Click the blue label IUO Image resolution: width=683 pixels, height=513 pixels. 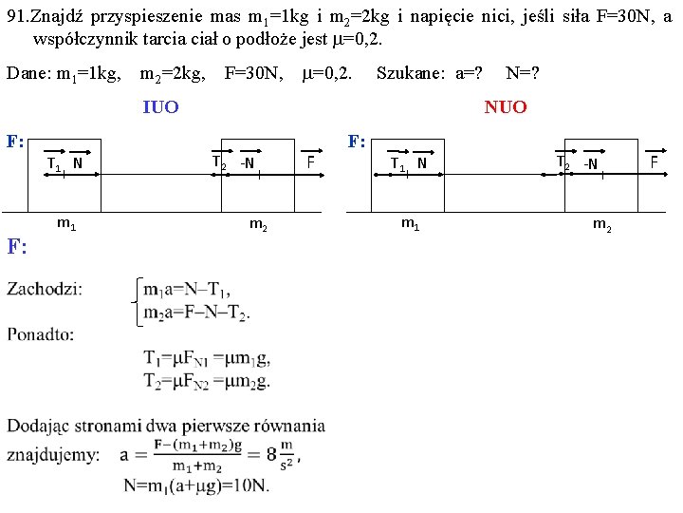click(159, 107)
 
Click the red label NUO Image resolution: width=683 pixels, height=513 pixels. click(505, 107)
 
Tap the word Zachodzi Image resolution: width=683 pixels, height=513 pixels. click(44, 289)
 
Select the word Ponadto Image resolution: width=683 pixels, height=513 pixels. click(40, 333)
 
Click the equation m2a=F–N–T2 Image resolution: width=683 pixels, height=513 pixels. click(197, 313)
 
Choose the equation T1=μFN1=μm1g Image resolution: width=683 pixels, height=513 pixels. click(207, 358)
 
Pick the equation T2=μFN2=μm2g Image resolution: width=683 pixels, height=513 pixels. click(207, 382)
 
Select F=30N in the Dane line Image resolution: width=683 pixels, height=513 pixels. click(253, 73)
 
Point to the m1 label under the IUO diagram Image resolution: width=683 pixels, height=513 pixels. click(66, 224)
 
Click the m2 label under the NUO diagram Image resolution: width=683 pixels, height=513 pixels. click(602, 224)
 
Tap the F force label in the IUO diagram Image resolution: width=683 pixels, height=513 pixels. click(310, 161)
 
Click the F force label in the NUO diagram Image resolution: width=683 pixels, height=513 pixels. click(654, 161)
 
